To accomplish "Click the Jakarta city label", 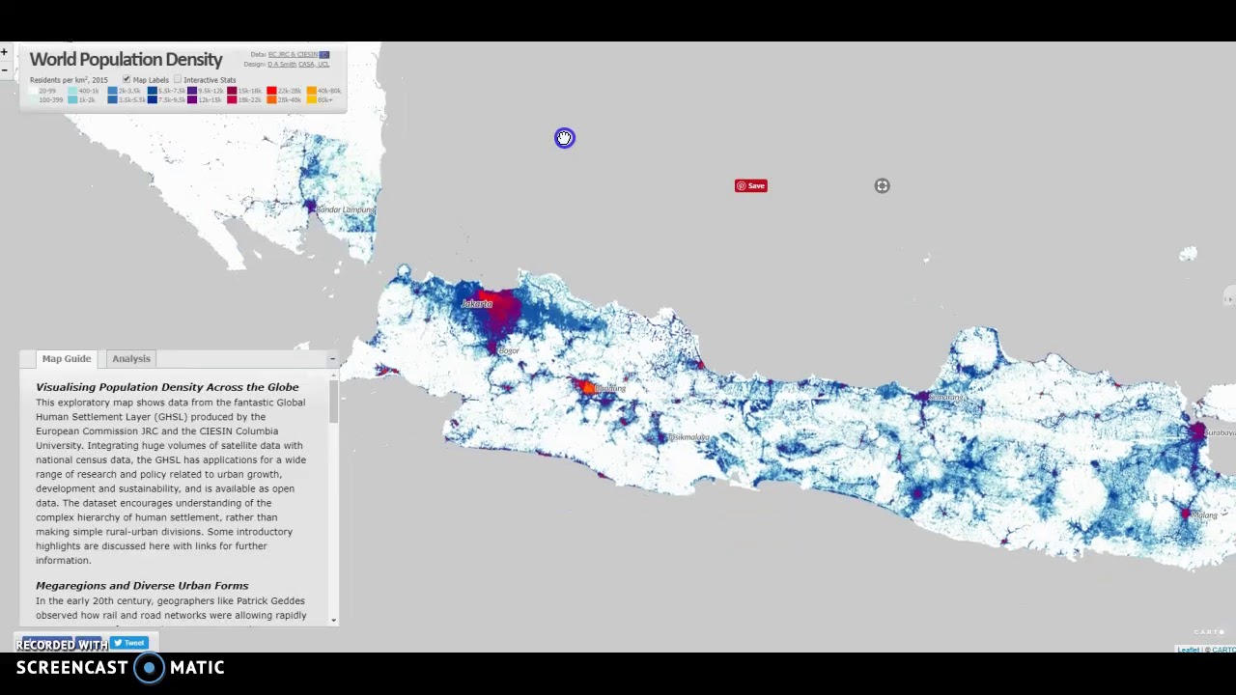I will click(476, 304).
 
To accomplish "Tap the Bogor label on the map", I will click(509, 350).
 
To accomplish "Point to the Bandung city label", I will click(610, 389).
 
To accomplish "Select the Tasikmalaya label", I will click(689, 437).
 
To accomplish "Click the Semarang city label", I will click(946, 397).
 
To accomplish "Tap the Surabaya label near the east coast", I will click(1219, 432).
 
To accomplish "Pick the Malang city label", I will click(1205, 515).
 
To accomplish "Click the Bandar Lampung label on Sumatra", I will click(345, 209).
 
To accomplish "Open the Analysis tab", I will click(131, 359).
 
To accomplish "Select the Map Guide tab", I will click(67, 359).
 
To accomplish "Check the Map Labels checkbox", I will click(126, 79).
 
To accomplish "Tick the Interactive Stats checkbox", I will click(178, 79).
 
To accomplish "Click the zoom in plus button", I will click(5, 52).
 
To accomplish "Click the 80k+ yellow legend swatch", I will click(311, 99).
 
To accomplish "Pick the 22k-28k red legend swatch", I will click(271, 91).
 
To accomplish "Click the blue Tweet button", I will click(129, 643).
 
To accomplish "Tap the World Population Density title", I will click(126, 60).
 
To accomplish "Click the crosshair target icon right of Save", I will click(882, 186).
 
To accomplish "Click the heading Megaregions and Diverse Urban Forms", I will click(142, 586).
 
